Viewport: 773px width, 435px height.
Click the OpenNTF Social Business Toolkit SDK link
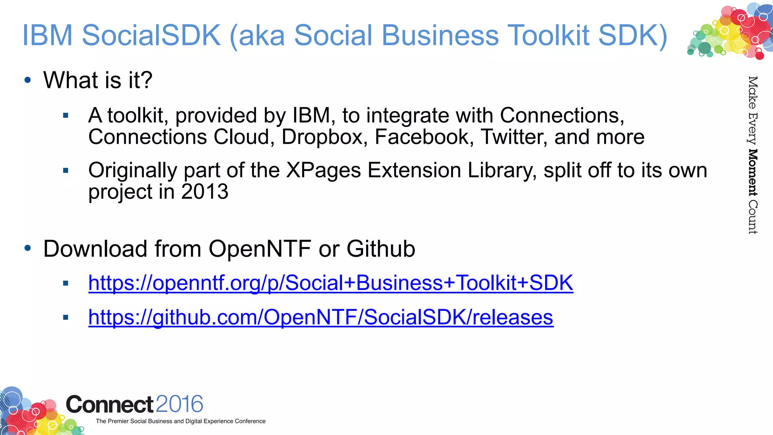point(331,283)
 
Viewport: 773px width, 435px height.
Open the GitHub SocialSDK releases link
point(321,317)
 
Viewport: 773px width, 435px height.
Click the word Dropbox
point(324,137)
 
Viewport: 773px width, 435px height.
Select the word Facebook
point(424,137)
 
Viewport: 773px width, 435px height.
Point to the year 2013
point(205,192)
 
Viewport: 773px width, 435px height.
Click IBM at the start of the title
point(47,35)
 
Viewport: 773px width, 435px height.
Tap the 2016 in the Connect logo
point(179,404)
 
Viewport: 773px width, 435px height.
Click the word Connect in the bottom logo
point(109,404)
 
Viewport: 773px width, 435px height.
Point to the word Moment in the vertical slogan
point(753,173)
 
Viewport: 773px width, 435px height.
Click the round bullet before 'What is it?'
point(28,80)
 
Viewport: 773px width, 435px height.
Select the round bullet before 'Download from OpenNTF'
point(28,248)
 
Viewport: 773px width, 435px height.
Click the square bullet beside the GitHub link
point(66,317)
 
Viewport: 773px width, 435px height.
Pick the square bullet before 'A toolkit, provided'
point(66,116)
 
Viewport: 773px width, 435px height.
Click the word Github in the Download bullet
point(380,249)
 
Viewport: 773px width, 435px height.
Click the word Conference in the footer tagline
point(250,421)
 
